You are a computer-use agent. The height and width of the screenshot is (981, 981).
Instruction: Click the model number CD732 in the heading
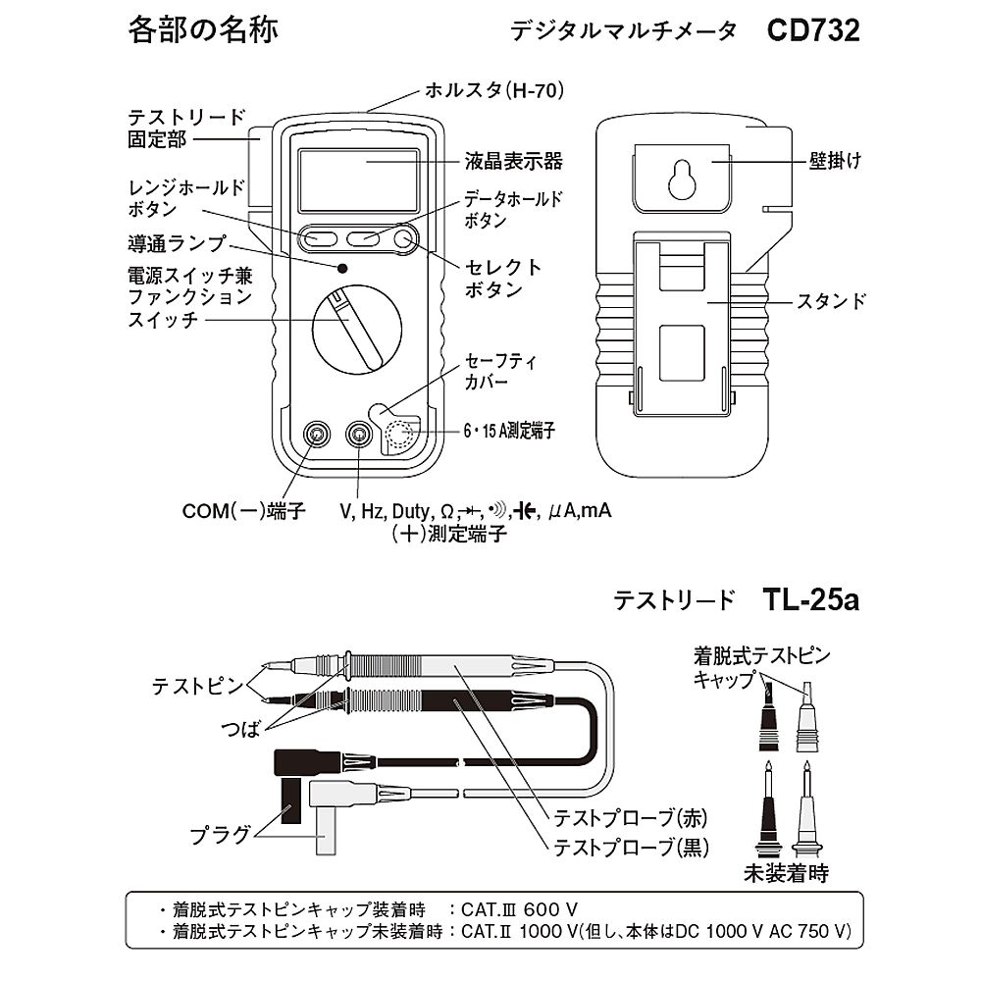[x=813, y=30]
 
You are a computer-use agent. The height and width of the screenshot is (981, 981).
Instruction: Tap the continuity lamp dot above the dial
[x=341, y=268]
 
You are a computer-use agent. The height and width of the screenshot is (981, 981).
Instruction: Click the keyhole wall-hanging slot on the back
[x=681, y=179]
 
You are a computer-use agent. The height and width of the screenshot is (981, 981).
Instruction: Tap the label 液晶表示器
[x=514, y=161]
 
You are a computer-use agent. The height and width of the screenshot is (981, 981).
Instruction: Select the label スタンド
[x=830, y=301]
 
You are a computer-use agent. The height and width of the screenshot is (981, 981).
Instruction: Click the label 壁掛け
[x=835, y=160]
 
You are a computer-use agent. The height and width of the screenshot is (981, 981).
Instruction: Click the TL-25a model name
[x=809, y=599]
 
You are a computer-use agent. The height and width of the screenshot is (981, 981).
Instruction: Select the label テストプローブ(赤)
[x=631, y=817]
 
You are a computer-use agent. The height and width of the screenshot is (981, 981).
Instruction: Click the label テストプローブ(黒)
[x=631, y=847]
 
